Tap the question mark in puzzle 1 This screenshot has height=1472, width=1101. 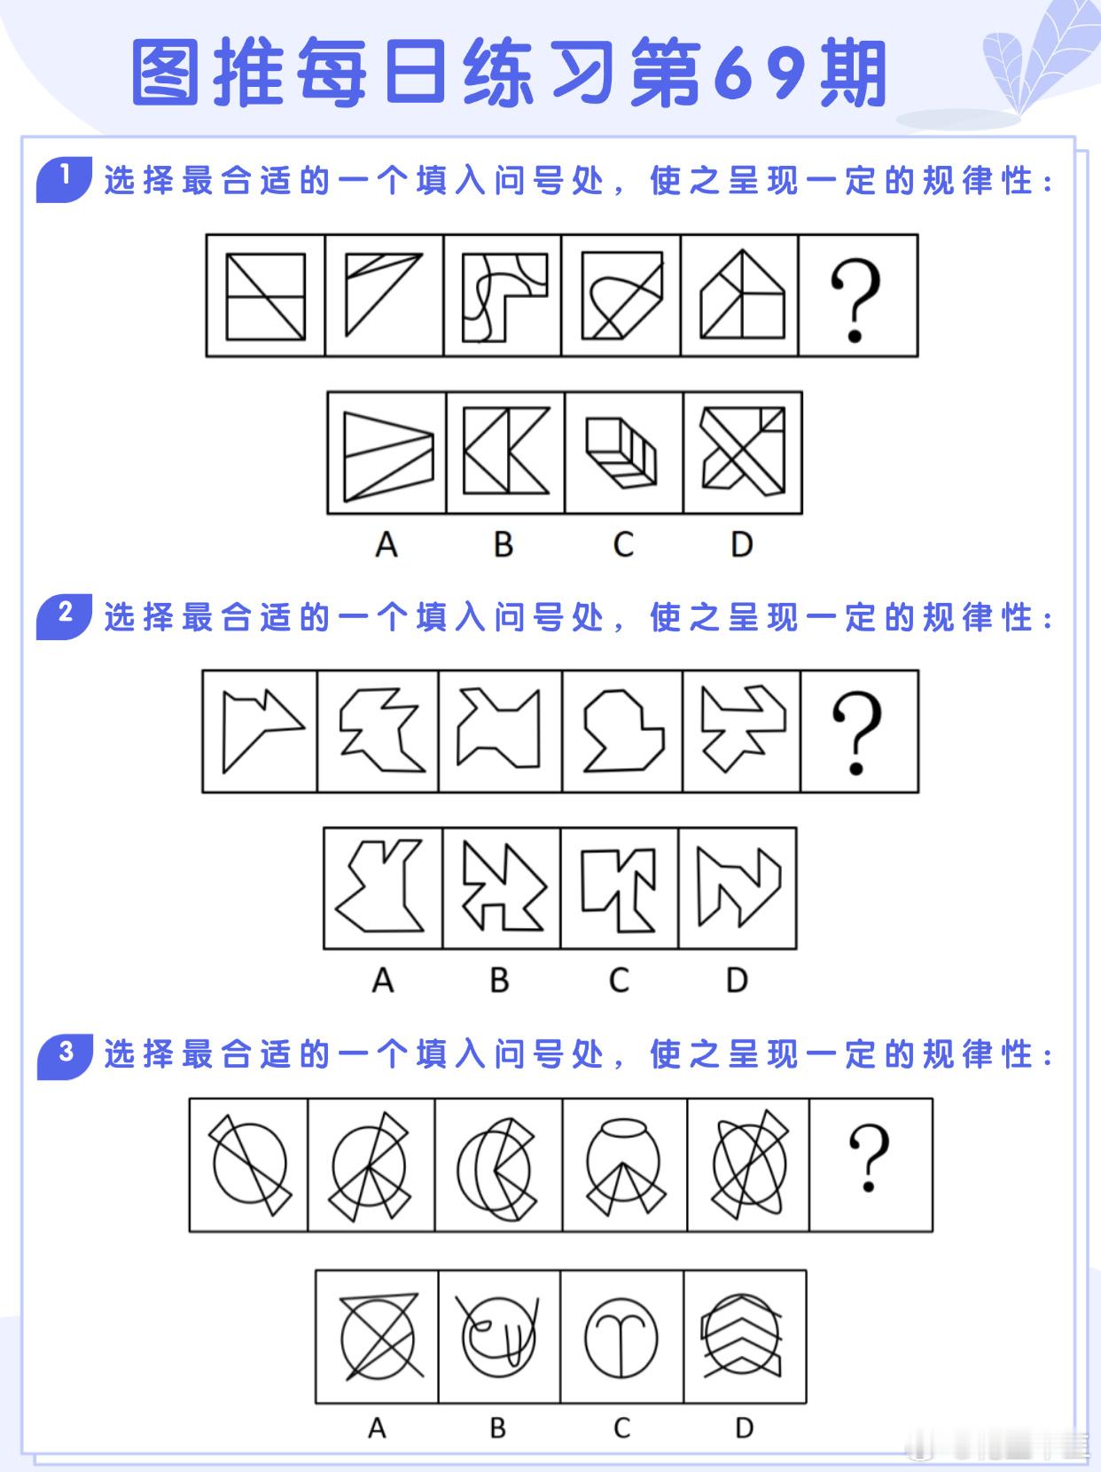pos(855,299)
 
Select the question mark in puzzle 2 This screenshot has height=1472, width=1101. pos(857,732)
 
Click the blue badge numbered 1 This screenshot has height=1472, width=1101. pos(65,179)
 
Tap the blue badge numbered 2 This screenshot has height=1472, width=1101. pos(65,616)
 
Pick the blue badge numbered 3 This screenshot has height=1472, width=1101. pos(65,1056)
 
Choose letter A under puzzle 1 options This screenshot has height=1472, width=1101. pos(386,544)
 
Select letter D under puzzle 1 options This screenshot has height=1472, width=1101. pos(741,544)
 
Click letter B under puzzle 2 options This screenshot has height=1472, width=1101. pos(500,981)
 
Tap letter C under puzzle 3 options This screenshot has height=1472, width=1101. pos(622,1428)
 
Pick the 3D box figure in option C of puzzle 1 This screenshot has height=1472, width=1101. pos(621,452)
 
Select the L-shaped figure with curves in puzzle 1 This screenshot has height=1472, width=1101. pos(504,297)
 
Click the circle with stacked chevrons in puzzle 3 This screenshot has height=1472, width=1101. pos(742,1335)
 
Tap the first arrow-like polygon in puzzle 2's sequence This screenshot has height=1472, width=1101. pos(263,731)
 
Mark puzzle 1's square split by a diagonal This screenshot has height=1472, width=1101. pos(265,296)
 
